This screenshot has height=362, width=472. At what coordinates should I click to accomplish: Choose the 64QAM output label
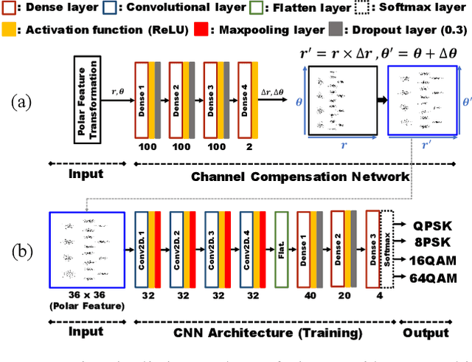click(434, 278)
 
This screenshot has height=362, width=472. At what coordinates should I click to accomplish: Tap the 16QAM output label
click(434, 259)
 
